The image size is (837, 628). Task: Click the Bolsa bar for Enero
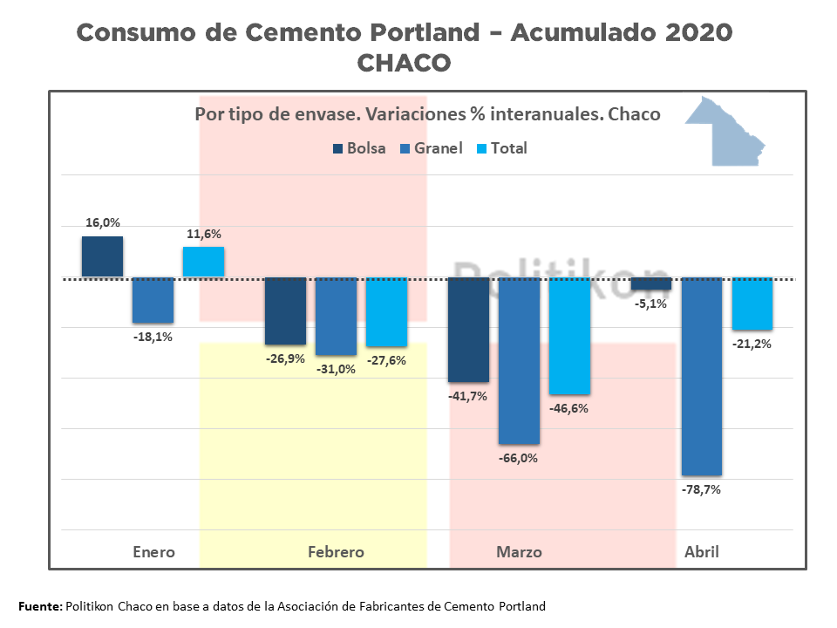point(102,256)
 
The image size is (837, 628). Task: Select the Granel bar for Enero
point(153,300)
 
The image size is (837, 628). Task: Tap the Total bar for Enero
point(203,262)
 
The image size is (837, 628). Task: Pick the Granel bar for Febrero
point(336,316)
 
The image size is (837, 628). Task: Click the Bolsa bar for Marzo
point(468,330)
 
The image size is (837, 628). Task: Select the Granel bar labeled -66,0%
point(519,360)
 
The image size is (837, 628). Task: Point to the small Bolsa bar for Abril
point(651,283)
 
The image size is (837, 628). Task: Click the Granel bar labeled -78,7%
point(702,376)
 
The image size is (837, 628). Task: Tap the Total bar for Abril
point(752,304)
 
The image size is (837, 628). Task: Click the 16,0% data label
point(103,222)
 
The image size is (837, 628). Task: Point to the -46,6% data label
point(568,407)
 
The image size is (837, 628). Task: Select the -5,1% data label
point(650,304)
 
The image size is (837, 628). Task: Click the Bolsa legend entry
point(358,148)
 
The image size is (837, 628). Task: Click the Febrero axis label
point(336,552)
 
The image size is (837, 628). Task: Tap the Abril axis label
point(702,552)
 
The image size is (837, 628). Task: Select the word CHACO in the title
point(404,64)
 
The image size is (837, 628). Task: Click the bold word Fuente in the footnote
point(40,606)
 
